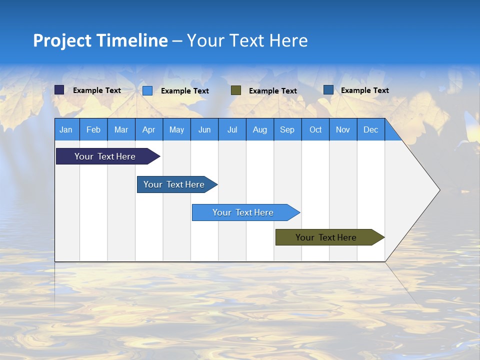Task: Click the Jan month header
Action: coord(66,129)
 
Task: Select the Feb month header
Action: coord(93,129)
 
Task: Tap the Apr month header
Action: coord(148,129)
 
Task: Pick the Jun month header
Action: coord(204,129)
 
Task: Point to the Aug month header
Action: coord(259,129)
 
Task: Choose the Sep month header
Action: coord(287,129)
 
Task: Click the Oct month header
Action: coord(315,129)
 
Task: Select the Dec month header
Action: coord(370,129)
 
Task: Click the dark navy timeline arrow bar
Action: coord(105,156)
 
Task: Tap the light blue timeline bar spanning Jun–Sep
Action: coord(243,212)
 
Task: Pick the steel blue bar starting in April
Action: coord(174,184)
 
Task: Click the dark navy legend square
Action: coord(59,90)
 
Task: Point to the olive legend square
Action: coord(236,90)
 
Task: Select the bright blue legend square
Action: coord(147,90)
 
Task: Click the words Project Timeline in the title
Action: coord(100,40)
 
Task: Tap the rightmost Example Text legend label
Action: coord(364,90)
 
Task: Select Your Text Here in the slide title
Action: coord(247,40)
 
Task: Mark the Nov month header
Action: coord(343,129)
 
